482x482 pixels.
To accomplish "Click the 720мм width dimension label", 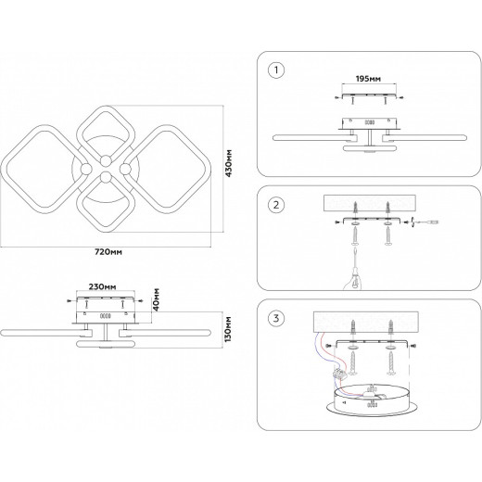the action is (x=108, y=252).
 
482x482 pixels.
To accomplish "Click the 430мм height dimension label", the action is (x=229, y=163).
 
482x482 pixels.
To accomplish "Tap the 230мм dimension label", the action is (x=103, y=287).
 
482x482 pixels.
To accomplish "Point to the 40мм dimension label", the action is (x=157, y=299).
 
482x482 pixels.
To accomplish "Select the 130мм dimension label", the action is (x=228, y=329).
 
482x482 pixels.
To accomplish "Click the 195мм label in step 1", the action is (x=368, y=79).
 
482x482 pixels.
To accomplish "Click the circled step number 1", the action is (x=276, y=70).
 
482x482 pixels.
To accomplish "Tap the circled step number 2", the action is (x=276, y=205).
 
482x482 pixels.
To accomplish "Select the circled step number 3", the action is (x=276, y=318).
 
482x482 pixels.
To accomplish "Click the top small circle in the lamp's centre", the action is (x=106, y=161).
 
